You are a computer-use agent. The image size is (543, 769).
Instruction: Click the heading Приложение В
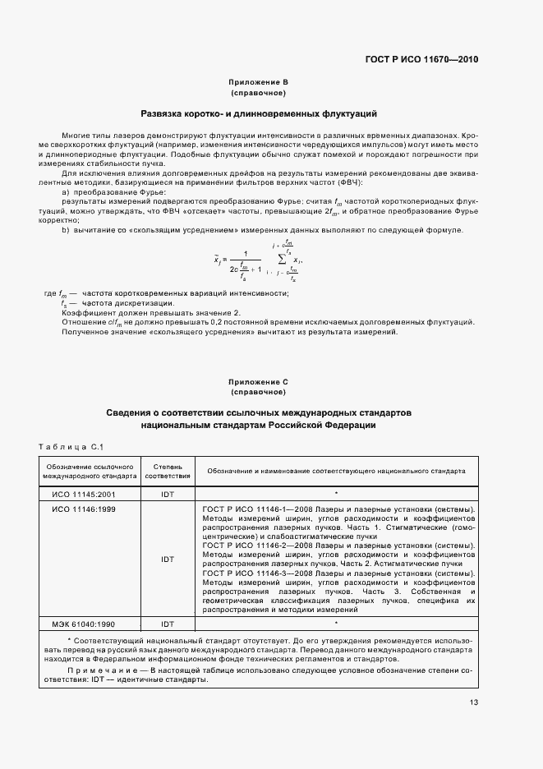(x=259, y=83)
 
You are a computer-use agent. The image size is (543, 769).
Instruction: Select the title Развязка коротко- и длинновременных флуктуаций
(x=259, y=113)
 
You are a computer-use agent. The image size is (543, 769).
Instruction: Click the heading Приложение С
(x=259, y=382)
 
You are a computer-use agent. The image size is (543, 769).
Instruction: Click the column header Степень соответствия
(x=168, y=471)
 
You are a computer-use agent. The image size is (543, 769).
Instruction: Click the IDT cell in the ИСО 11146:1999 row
(x=168, y=559)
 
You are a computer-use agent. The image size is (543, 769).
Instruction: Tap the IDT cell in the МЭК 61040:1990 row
(x=168, y=624)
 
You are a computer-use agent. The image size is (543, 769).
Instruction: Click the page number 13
(x=473, y=702)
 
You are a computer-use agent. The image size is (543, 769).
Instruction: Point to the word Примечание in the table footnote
(x=103, y=670)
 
